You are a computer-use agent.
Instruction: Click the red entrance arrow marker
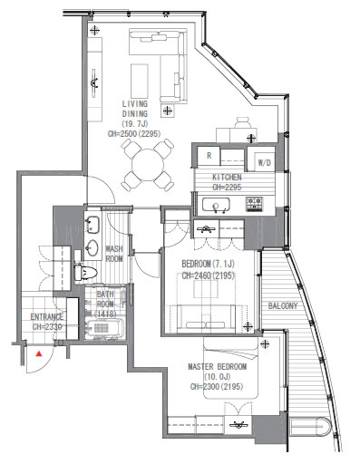click(39, 353)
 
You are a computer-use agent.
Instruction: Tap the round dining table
click(148, 165)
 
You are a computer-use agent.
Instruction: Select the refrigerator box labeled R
click(209, 156)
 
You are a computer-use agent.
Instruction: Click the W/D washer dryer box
click(264, 162)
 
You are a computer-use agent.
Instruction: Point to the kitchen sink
click(216, 206)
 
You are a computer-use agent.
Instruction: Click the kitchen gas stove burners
click(254, 204)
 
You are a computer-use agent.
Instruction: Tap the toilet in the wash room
click(85, 272)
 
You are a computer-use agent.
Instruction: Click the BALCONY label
click(283, 306)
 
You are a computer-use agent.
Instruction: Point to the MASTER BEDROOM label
click(217, 367)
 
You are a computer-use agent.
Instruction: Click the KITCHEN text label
click(227, 177)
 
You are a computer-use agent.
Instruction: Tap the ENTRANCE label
click(47, 317)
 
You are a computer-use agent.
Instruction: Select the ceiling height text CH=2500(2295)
click(134, 133)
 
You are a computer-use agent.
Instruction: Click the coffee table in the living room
click(140, 81)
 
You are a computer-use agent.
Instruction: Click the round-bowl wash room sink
click(92, 248)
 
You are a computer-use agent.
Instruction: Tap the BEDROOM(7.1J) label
click(208, 264)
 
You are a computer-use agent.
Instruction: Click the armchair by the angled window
click(243, 124)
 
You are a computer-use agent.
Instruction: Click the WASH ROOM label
click(114, 254)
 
